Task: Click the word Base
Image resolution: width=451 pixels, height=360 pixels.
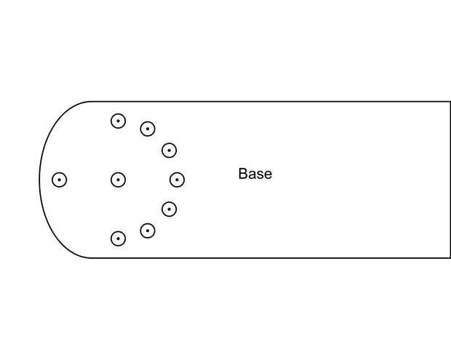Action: click(255, 174)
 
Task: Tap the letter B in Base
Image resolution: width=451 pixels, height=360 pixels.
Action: click(243, 174)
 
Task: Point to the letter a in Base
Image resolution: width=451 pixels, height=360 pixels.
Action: click(252, 175)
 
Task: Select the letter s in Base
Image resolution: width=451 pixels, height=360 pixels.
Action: click(260, 175)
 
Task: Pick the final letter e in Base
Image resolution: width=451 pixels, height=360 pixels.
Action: click(268, 175)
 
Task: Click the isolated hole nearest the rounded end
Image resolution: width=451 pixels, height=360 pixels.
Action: click(60, 180)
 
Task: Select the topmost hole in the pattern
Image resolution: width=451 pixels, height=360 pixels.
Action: click(118, 121)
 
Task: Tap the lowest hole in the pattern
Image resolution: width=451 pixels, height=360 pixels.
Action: click(118, 239)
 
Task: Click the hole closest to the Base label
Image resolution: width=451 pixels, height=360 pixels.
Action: click(177, 180)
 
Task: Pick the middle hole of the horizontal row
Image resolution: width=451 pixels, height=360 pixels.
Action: click(118, 180)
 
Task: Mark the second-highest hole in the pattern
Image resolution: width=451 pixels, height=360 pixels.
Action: click(148, 129)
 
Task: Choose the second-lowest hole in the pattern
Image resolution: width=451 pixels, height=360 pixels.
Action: click(148, 231)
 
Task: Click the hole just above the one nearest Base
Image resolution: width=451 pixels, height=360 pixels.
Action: click(169, 151)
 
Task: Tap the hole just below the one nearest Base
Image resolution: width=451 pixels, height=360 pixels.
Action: click(169, 209)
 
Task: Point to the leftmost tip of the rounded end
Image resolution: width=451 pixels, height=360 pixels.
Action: click(39, 180)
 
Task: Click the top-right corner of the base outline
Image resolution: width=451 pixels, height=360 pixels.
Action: click(450, 102)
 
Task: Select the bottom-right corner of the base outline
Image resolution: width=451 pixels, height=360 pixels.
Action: click(450, 257)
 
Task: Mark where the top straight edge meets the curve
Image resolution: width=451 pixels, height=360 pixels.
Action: click(92, 102)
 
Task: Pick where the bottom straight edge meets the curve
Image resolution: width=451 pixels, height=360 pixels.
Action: click(92, 257)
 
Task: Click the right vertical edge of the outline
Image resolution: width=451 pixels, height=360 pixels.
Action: click(450, 180)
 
